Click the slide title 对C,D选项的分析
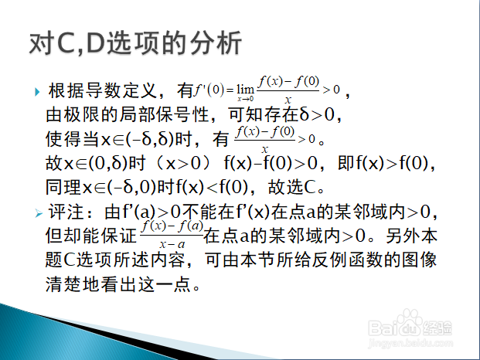[x=135, y=43]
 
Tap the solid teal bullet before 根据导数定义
[x=37, y=92]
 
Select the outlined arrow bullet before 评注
[x=39, y=213]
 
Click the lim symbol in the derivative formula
[x=246, y=90]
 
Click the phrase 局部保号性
[x=164, y=114]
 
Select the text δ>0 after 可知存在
[x=317, y=114]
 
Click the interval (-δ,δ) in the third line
[x=150, y=139]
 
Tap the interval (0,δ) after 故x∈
[x=107, y=163]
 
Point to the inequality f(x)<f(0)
[x=212, y=187]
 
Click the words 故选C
[x=292, y=187]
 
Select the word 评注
[x=66, y=212]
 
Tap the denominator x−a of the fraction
[x=172, y=244]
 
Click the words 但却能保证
[x=91, y=236]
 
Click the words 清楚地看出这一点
[x=118, y=284]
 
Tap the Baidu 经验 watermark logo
[x=410, y=324]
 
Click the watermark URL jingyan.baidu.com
[x=410, y=343]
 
